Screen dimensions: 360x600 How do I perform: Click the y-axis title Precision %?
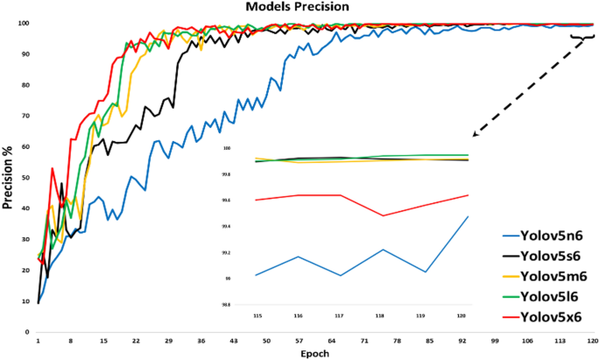pyautogui.click(x=8, y=180)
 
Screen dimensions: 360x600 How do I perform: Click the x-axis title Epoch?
pyautogui.click(x=316, y=354)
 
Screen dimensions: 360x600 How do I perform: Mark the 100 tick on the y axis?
pyautogui.click(x=25, y=23)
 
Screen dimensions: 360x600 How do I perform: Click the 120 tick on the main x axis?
pyautogui.click(x=592, y=342)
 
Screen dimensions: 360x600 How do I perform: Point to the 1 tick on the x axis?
pyautogui.click(x=39, y=342)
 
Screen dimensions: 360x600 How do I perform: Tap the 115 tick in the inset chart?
pyautogui.click(x=257, y=314)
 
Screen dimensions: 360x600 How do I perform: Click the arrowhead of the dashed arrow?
pyautogui.click(x=475, y=136)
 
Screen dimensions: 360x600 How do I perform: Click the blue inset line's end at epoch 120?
pyautogui.click(x=468, y=216)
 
